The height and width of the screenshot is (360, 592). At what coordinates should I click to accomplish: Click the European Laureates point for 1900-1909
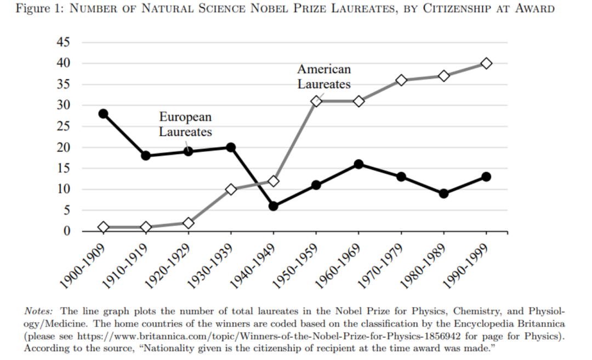[103, 113]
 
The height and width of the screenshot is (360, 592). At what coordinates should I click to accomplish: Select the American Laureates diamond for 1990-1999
[486, 64]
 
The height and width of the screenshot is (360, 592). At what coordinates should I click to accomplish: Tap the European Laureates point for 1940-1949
[274, 206]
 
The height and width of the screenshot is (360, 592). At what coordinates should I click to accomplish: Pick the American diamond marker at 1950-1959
[316, 101]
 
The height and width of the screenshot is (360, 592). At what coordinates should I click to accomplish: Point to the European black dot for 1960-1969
[358, 164]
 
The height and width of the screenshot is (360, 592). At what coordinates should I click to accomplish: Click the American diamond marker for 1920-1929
[189, 223]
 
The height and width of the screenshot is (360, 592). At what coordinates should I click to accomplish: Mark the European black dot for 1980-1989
[443, 193]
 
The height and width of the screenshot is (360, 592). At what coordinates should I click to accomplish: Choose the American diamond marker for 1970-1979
[401, 80]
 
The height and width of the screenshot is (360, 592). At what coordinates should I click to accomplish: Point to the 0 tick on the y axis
[67, 231]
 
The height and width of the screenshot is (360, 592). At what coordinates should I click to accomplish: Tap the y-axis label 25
[64, 127]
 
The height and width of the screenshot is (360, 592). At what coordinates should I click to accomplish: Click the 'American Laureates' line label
[324, 77]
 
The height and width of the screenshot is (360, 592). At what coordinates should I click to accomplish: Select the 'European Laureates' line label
[185, 124]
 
